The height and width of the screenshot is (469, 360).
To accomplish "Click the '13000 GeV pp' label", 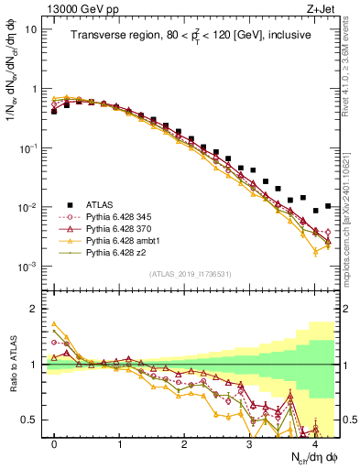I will tap(77, 8).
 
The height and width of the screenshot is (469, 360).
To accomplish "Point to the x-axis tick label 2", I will tap(184, 442).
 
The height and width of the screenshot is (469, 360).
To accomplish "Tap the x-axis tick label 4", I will tap(314, 442).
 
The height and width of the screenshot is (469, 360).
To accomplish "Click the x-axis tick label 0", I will tap(54, 442).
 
